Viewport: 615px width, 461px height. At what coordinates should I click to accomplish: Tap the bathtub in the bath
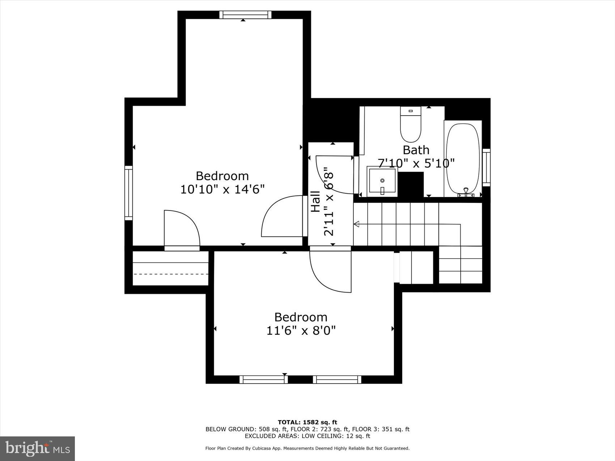click(463, 159)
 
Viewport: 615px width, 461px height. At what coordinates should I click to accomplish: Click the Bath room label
click(416, 150)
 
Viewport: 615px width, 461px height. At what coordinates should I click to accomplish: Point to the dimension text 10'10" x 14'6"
click(222, 189)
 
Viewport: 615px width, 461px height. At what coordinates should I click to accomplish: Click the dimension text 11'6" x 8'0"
click(301, 330)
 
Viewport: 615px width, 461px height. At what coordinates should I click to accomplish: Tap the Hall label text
click(315, 201)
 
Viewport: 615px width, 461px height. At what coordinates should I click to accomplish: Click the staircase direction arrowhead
click(356, 225)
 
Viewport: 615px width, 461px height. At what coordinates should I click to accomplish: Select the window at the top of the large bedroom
click(245, 15)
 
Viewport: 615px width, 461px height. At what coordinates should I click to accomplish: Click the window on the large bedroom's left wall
click(129, 193)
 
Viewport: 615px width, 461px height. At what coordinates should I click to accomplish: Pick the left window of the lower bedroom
click(263, 379)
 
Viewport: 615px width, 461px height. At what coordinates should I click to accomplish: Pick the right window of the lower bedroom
click(337, 379)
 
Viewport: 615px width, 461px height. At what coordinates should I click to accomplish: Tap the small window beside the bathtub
click(487, 167)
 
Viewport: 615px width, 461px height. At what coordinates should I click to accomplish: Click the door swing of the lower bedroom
click(331, 271)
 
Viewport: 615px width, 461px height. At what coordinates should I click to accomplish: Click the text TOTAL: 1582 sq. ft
click(307, 422)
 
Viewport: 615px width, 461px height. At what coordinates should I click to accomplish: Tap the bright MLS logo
click(37, 449)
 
